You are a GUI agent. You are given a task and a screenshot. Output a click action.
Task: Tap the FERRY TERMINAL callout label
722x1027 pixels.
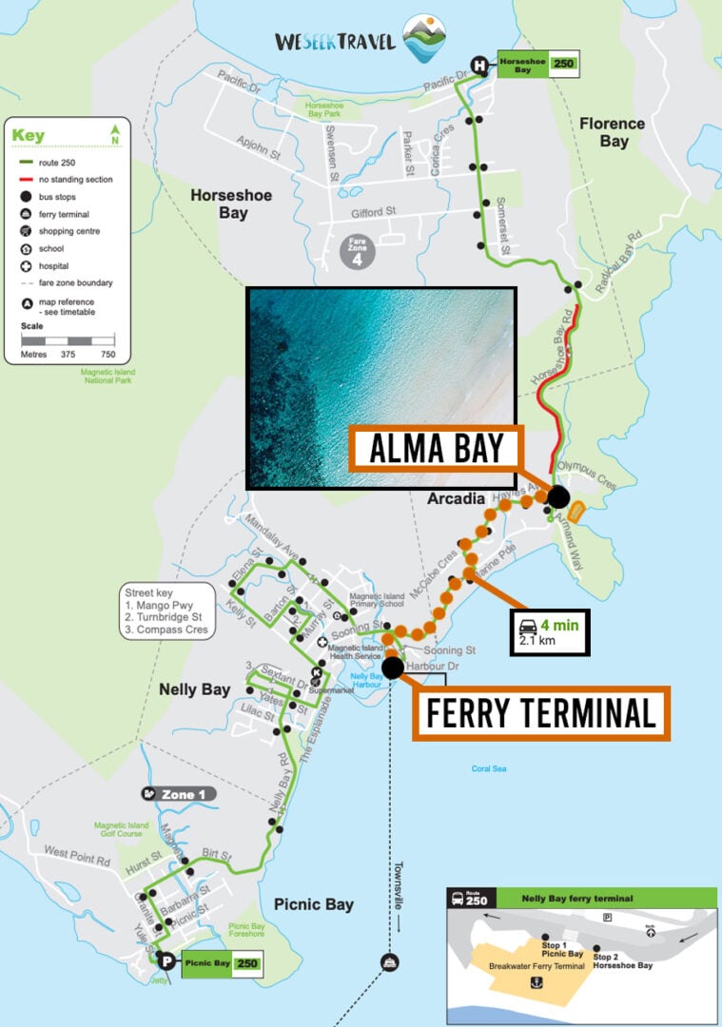[540, 711]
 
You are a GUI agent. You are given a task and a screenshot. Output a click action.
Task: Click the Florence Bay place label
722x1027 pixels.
[612, 132]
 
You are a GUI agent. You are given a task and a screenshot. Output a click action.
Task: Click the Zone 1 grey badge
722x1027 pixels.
[178, 793]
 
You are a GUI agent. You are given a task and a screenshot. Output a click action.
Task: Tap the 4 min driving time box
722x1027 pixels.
[550, 632]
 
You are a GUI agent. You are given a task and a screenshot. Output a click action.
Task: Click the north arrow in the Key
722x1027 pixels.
[115, 133]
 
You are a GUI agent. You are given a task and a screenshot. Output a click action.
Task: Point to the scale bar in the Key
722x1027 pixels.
[68, 339]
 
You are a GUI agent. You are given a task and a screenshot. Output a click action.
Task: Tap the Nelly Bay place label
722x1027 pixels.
[194, 688]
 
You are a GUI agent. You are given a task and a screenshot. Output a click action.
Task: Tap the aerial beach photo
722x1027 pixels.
[381, 387]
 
